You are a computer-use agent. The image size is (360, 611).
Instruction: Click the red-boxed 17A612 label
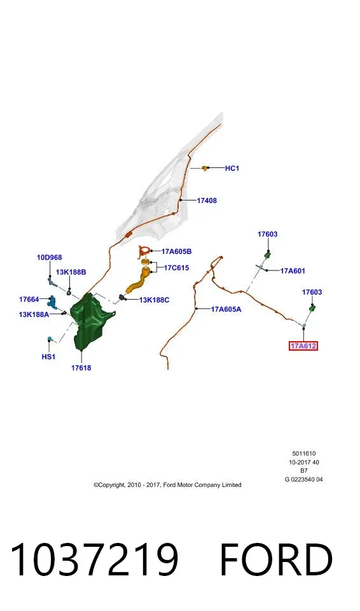pyautogui.click(x=303, y=346)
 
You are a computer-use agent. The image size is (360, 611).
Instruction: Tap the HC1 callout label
pyautogui.click(x=232, y=168)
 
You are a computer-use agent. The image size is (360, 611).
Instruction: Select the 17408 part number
pyautogui.click(x=207, y=200)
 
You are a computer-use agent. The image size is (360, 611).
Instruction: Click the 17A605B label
pyautogui.click(x=176, y=252)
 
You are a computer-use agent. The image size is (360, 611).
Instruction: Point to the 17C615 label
pyautogui.click(x=176, y=268)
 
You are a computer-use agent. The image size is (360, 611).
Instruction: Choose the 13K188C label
pyautogui.click(x=155, y=300)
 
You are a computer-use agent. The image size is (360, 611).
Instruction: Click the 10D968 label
pyautogui.click(x=50, y=258)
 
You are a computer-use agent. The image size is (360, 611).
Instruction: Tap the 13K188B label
pyautogui.click(x=71, y=272)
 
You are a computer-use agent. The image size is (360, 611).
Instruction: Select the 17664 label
pyautogui.click(x=29, y=299)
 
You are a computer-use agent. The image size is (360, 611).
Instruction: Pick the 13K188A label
pyautogui.click(x=34, y=314)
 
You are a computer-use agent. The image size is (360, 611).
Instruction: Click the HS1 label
pyautogui.click(x=48, y=356)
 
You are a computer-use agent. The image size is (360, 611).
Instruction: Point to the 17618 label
pyautogui.click(x=81, y=367)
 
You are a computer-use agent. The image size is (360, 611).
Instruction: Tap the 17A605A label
pyautogui.click(x=226, y=309)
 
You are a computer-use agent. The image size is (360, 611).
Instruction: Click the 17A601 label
pyautogui.click(x=293, y=271)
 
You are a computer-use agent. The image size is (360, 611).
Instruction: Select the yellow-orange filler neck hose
pyautogui.click(x=138, y=281)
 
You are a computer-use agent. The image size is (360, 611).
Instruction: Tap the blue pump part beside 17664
pyautogui.click(x=52, y=301)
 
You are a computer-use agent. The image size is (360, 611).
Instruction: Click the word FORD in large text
pyautogui.click(x=276, y=559)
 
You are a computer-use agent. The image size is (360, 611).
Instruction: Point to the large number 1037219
pyautogui.click(x=94, y=559)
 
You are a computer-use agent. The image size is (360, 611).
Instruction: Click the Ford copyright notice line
pyautogui.click(x=167, y=485)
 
